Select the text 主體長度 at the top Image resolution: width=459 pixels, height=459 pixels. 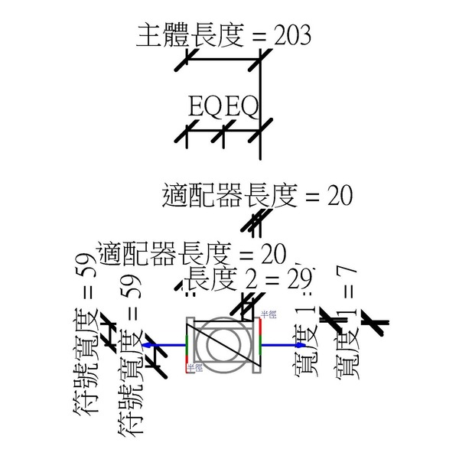189,35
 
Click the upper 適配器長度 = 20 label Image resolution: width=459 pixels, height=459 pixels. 257,197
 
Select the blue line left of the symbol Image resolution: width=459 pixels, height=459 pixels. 165,345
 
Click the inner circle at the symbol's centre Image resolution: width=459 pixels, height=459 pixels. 224,345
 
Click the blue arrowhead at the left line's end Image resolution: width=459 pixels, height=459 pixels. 145,345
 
